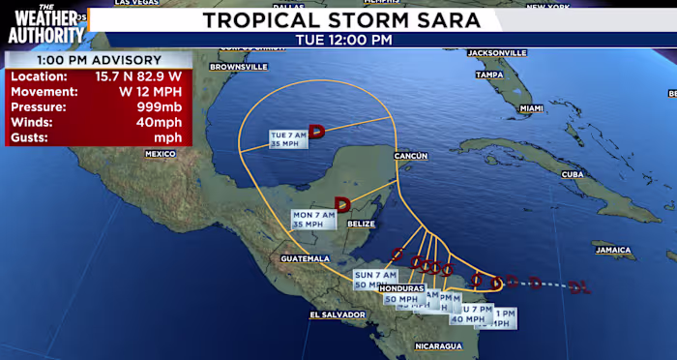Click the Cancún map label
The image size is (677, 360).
coord(410,155)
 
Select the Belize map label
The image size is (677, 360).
coord(360,224)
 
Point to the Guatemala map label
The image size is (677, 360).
coord(306,258)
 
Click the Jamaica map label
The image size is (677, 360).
coord(613,251)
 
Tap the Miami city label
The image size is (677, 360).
coord(531,109)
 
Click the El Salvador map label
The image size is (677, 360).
coord(334,315)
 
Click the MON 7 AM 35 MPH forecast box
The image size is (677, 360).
coord(314,219)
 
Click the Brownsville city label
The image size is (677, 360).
coord(240,67)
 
